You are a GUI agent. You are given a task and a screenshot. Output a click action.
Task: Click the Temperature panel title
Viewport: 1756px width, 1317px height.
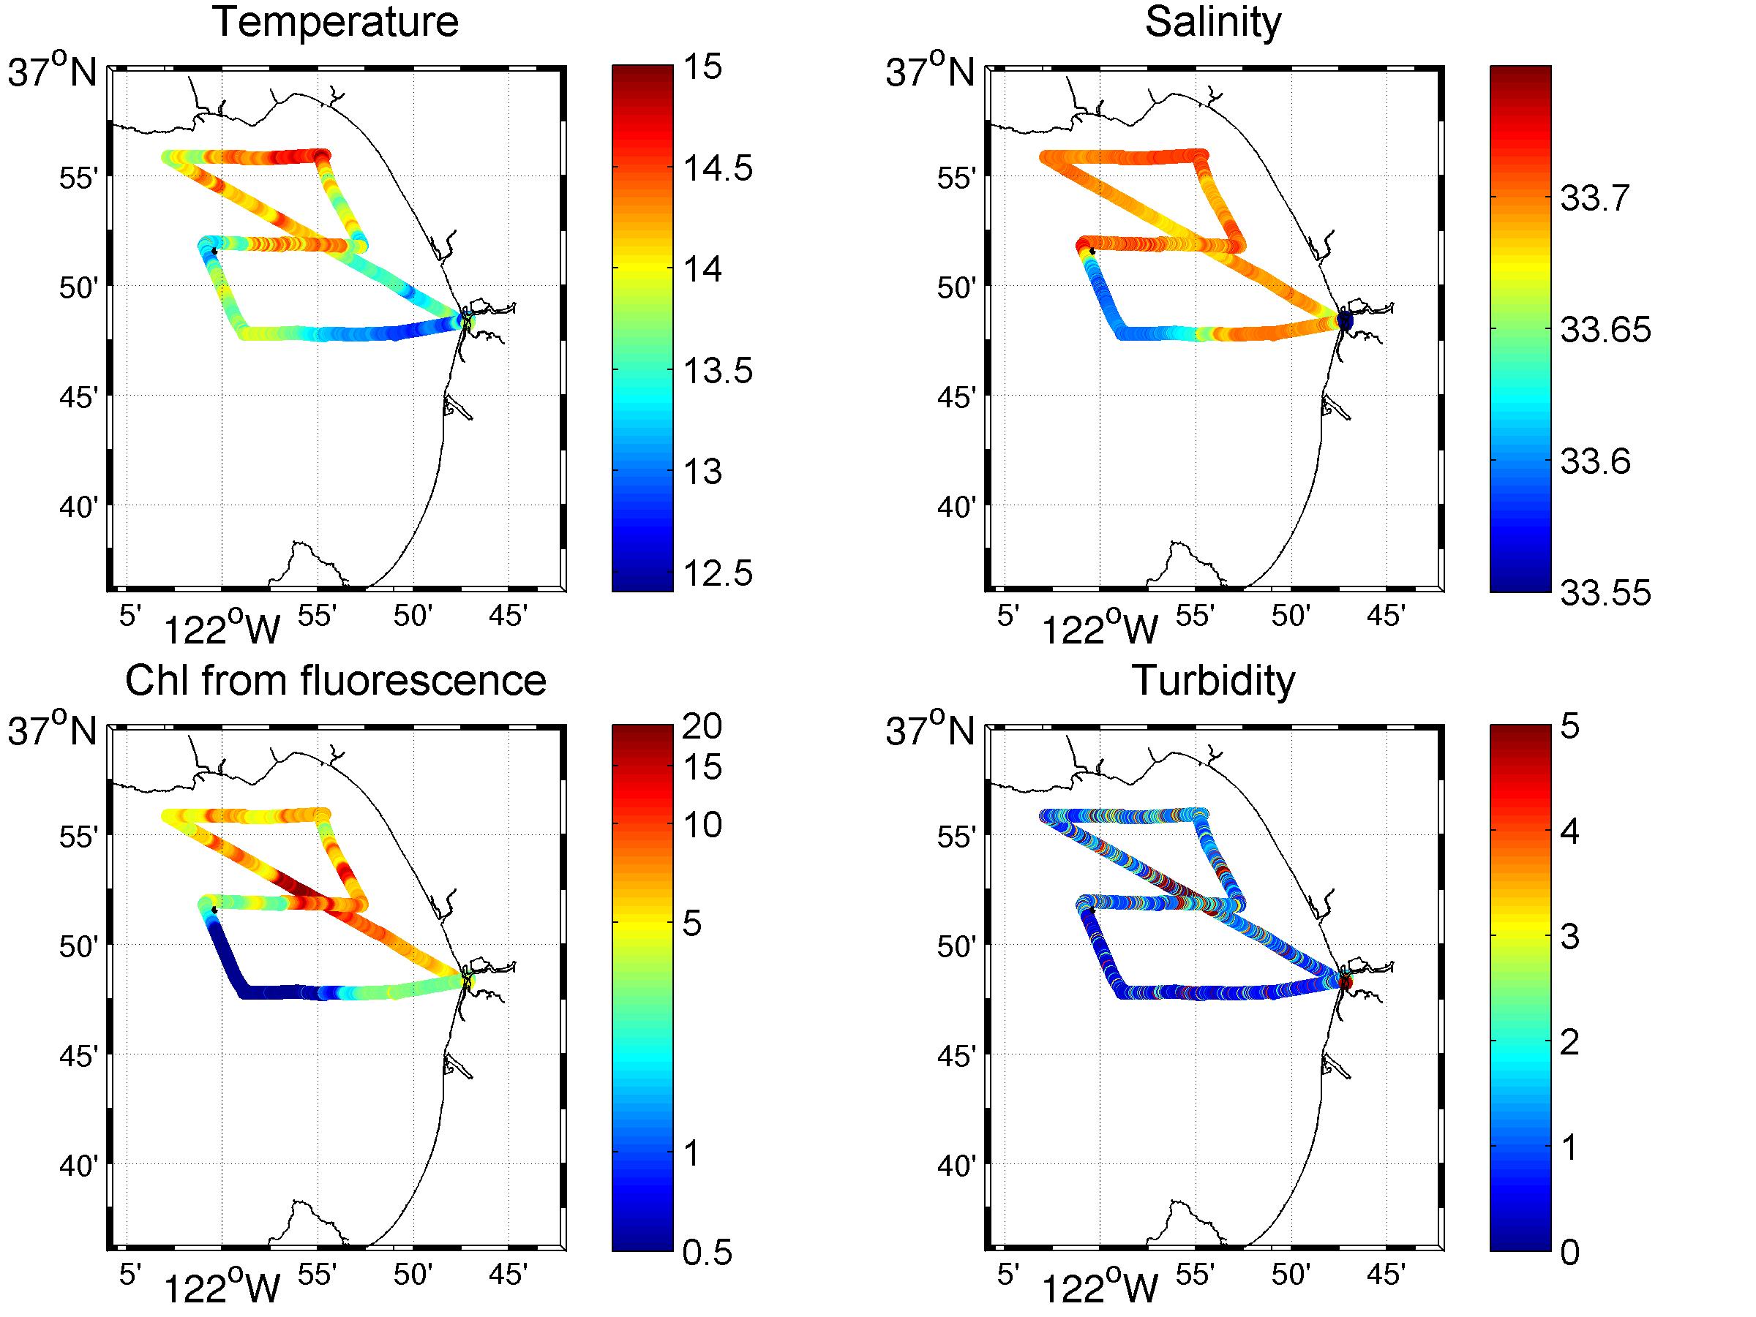pyautogui.click(x=335, y=22)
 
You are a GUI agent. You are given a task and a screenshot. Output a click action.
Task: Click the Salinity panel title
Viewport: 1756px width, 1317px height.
pyautogui.click(x=1212, y=22)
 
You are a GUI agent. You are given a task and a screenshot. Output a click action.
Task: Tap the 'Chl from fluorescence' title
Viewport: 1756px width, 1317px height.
pyautogui.click(x=335, y=681)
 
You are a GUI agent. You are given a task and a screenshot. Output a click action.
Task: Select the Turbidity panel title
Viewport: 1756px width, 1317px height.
pyautogui.click(x=1212, y=681)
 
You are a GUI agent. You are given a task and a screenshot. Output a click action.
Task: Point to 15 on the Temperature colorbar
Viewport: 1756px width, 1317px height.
pyautogui.click(x=703, y=67)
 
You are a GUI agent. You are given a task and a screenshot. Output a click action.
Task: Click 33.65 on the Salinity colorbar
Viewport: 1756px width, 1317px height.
pyautogui.click(x=1605, y=330)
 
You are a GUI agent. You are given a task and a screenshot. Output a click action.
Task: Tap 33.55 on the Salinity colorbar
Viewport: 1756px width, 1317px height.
pyautogui.click(x=1605, y=592)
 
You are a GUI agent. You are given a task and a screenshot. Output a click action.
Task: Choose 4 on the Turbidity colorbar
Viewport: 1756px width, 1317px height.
pyautogui.click(x=1569, y=833)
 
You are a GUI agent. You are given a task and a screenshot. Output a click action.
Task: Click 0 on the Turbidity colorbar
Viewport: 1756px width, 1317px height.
pyautogui.click(x=1569, y=1252)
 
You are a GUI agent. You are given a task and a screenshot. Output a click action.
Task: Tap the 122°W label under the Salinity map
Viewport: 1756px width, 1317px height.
pyautogui.click(x=1099, y=630)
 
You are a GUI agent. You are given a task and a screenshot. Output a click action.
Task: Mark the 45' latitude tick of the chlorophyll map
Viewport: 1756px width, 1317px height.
pyautogui.click(x=79, y=1056)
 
